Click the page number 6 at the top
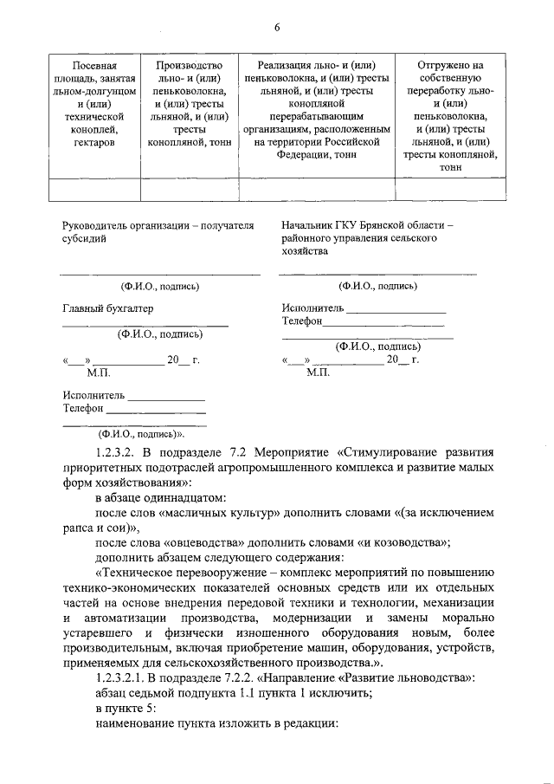pos(276,27)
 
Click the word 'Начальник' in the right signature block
pos(309,224)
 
